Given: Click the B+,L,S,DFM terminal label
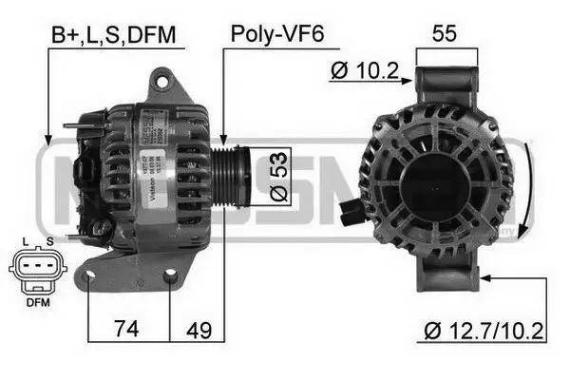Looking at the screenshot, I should (113, 36).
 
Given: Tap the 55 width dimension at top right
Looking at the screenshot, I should (445, 33).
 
